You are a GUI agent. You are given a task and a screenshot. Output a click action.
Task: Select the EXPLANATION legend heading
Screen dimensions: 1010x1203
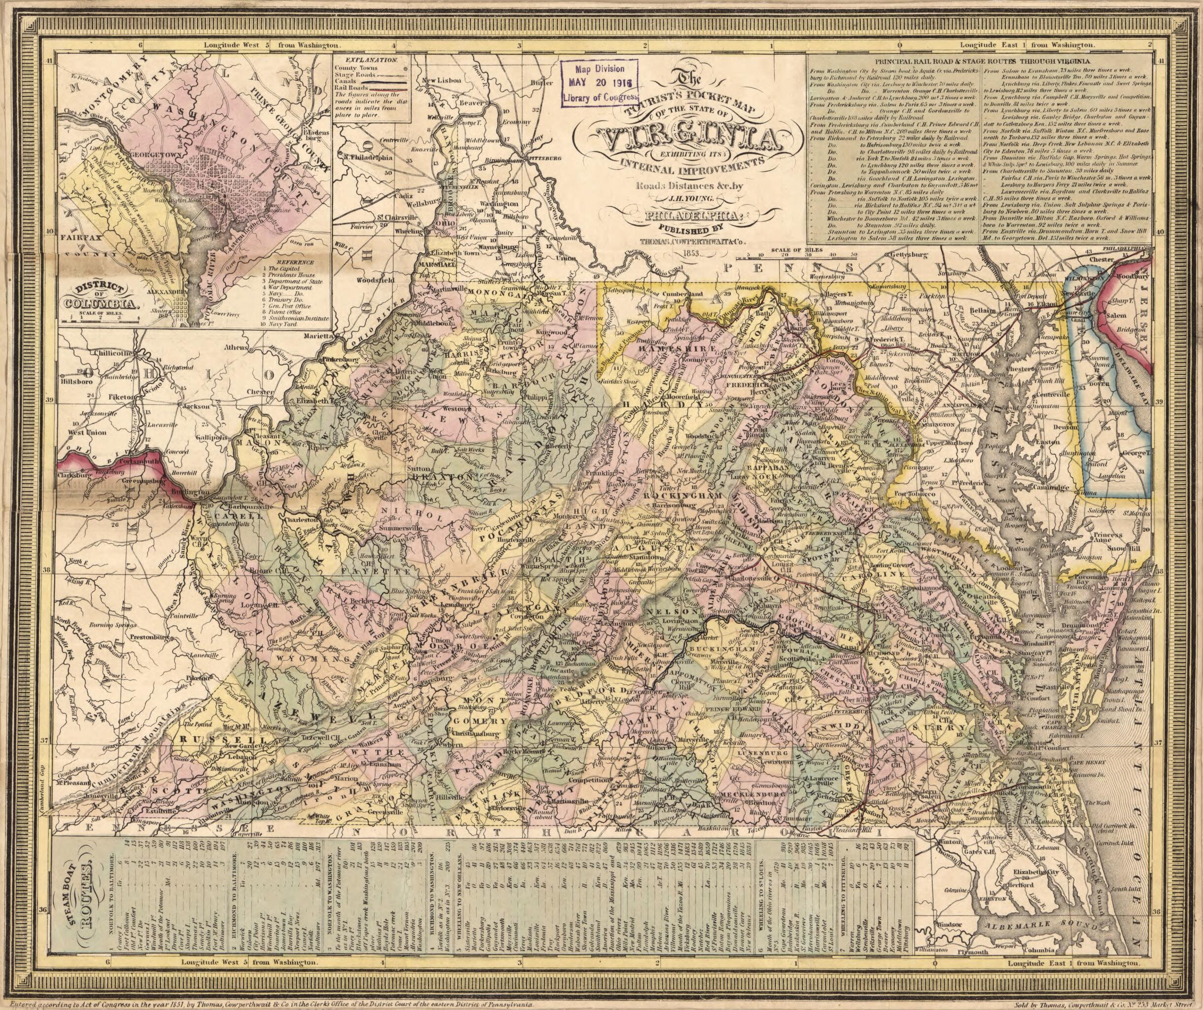(371, 60)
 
